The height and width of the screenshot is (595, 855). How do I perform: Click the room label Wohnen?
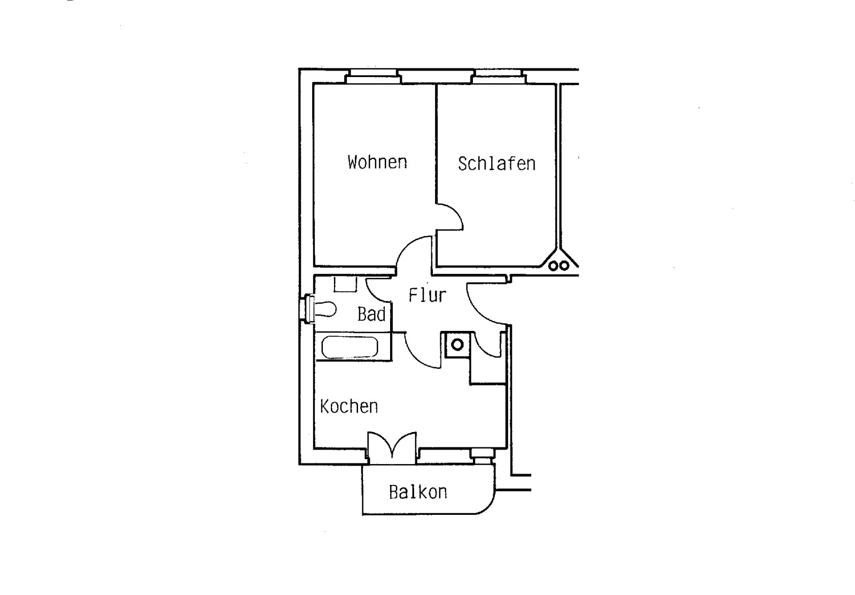pyautogui.click(x=377, y=162)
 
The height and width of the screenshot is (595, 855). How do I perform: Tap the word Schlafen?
pyautogui.click(x=496, y=164)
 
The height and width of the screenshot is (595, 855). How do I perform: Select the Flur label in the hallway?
pyautogui.click(x=427, y=295)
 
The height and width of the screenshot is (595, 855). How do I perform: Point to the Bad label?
pyautogui.click(x=371, y=314)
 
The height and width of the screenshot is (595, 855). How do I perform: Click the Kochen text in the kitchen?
pyautogui.click(x=349, y=407)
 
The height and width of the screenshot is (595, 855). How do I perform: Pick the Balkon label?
pyautogui.click(x=418, y=492)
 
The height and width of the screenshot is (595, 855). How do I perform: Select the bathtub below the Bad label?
pyautogui.click(x=349, y=347)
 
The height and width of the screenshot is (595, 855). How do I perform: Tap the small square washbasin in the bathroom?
pyautogui.click(x=345, y=284)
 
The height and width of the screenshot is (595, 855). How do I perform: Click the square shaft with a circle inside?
pyautogui.click(x=457, y=344)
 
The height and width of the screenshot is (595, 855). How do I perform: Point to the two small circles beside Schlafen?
pyautogui.click(x=558, y=265)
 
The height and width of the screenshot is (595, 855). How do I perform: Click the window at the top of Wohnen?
pyautogui.click(x=373, y=76)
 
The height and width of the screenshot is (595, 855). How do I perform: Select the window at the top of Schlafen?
pyautogui.click(x=499, y=76)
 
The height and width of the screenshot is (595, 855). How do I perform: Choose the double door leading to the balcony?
pyautogui.click(x=392, y=446)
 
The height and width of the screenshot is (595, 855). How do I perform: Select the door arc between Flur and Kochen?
pyautogui.click(x=422, y=351)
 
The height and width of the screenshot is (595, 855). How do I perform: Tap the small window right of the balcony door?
pyautogui.click(x=482, y=454)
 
